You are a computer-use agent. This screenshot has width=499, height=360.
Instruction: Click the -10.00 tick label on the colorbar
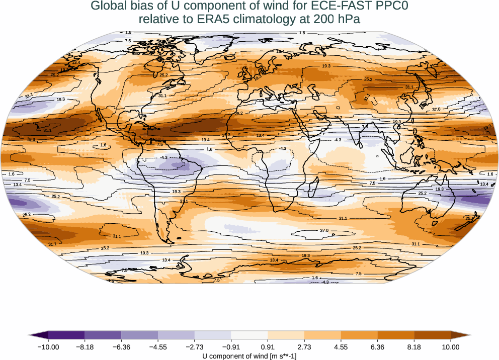click(48, 347)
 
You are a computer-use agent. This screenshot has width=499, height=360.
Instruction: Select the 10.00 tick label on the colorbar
click(451, 347)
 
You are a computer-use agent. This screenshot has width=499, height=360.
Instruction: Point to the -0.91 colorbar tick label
click(231, 347)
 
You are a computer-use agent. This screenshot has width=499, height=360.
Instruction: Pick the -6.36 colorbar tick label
click(121, 347)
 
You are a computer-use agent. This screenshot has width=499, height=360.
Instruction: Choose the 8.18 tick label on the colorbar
click(414, 347)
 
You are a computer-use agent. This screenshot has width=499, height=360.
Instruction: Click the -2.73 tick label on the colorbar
click(194, 347)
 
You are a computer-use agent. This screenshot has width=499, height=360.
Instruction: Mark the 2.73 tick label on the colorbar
click(304, 347)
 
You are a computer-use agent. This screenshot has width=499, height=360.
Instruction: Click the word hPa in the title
click(348, 20)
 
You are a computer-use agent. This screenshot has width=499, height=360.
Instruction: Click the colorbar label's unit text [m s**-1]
click(283, 356)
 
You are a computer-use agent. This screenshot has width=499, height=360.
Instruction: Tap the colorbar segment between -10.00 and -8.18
click(66, 335)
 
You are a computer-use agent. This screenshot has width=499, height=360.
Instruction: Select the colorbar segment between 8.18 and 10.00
click(432, 335)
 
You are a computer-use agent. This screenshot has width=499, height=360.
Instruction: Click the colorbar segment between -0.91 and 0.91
click(249, 335)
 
